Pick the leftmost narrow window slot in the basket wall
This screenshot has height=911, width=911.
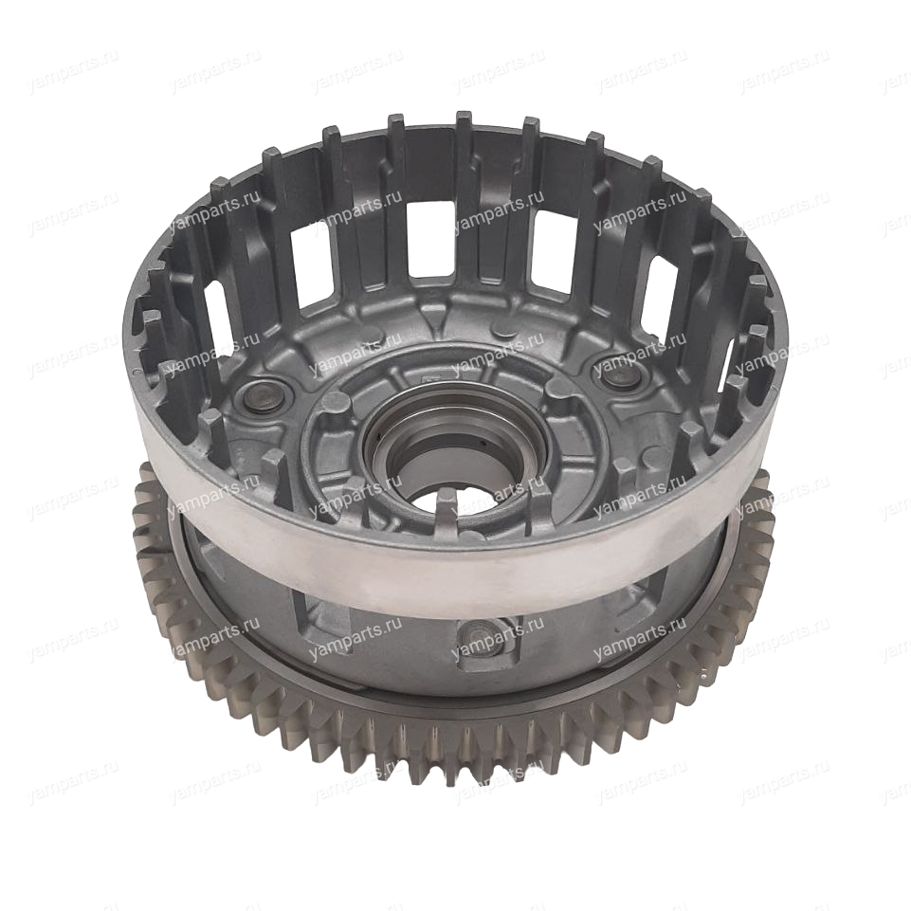[x=215, y=311]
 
